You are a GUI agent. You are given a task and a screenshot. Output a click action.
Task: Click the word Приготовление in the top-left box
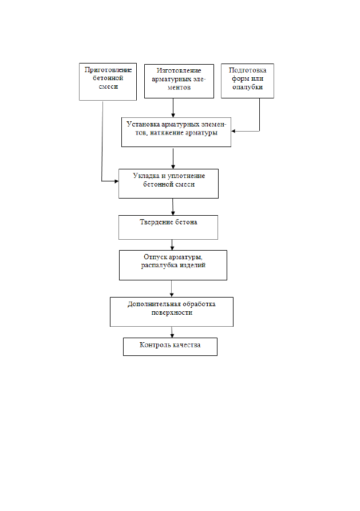coord(108,70)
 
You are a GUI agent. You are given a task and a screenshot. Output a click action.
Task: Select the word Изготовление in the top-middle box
coord(179,70)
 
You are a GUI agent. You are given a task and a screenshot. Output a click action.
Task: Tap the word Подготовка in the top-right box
coord(247,70)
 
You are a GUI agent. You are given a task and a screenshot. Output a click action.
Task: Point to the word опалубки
coord(247,87)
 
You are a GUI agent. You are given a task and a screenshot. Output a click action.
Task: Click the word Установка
coord(143,124)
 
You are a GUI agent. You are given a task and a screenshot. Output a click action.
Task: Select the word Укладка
coord(146,176)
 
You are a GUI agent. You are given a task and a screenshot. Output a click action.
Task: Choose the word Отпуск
coord(155,257)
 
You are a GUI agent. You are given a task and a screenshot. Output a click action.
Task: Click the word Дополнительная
coord(154,304)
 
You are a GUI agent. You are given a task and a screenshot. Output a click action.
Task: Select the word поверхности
coord(172,312)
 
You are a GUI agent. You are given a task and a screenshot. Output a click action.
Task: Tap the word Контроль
coord(152,345)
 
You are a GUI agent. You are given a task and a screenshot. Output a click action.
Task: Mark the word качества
coord(186,345)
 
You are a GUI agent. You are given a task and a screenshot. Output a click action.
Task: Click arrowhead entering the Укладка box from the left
coord(116,181)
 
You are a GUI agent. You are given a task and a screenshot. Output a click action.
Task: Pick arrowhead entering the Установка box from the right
coord(234,132)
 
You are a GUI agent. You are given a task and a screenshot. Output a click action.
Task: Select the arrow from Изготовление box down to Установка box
coord(173,108)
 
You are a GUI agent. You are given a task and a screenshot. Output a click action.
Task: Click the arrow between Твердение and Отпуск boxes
coord(172,245)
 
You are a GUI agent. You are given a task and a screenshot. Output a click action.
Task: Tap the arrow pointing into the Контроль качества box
coord(172,332)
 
